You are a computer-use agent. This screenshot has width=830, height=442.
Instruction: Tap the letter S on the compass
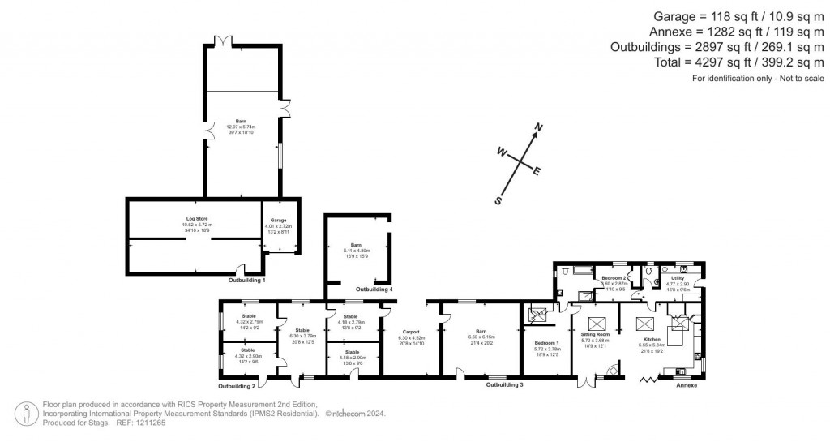(498, 200)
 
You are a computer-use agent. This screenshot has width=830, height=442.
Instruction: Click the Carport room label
(409, 331)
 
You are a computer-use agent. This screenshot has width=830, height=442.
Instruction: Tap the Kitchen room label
(652, 339)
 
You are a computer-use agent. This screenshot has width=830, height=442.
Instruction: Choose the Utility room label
(678, 278)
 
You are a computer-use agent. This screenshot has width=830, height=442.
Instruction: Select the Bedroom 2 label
(613, 278)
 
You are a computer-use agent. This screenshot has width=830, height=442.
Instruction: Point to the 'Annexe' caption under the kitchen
(687, 385)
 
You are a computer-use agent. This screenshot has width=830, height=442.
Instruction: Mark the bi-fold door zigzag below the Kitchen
(649, 378)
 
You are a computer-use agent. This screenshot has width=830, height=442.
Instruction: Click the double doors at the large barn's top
(219, 41)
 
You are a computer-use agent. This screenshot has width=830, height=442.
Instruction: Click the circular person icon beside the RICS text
(29, 413)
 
